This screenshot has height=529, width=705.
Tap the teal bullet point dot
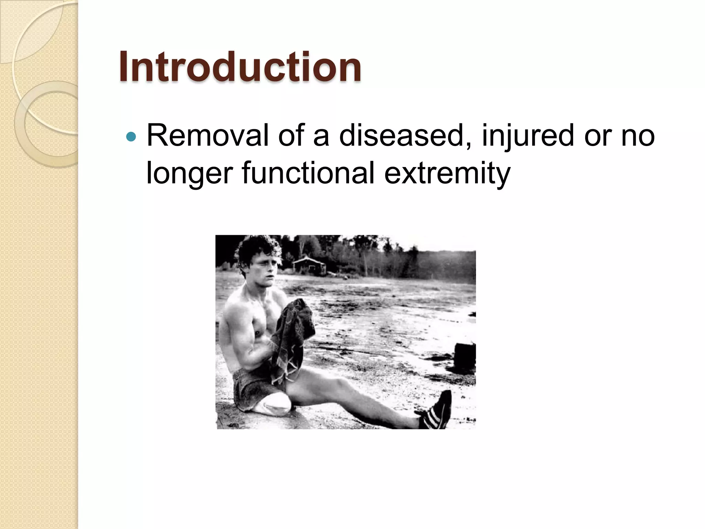[131, 137]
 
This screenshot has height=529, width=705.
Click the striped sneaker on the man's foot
[436, 411]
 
